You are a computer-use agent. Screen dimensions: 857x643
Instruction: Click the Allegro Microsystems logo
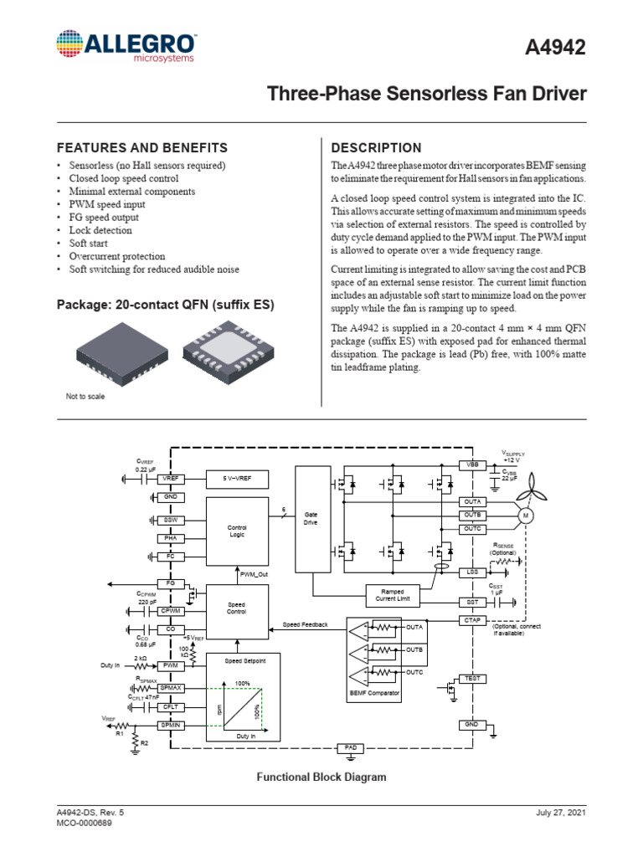pyautogui.click(x=126, y=45)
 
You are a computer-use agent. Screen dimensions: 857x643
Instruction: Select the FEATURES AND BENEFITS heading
pyautogui.click(x=142, y=146)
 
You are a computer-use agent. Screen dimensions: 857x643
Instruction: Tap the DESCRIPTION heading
pyautogui.click(x=377, y=146)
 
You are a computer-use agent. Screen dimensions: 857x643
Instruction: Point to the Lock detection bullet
pyautogui.click(x=100, y=230)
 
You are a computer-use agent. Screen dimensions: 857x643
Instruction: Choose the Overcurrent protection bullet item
pyautogui.click(x=117, y=256)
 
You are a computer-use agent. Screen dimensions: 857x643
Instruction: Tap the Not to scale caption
pyautogui.click(x=85, y=396)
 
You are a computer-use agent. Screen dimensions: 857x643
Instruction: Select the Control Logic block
pyautogui.click(x=237, y=531)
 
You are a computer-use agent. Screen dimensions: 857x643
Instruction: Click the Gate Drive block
pyautogui.click(x=311, y=519)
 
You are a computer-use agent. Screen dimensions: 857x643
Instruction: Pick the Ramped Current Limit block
pyautogui.click(x=392, y=596)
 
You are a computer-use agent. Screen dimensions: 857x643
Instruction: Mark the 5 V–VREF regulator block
pyautogui.click(x=237, y=478)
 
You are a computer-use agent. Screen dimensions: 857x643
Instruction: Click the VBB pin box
pyautogui.click(x=471, y=465)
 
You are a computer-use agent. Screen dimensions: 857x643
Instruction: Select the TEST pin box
pyautogui.click(x=471, y=678)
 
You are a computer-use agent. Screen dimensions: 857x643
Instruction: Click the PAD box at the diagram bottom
pyautogui.click(x=349, y=747)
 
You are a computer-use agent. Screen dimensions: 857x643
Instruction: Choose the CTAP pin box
pyautogui.click(x=471, y=620)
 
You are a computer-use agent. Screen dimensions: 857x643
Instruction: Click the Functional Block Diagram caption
pyautogui.click(x=321, y=777)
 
